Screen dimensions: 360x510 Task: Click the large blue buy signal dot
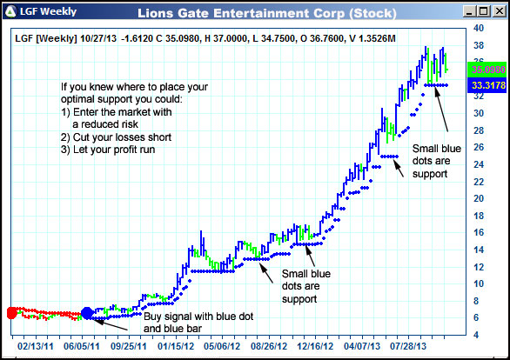coord(86,313)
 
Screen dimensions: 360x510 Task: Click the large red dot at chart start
coord(11,313)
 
